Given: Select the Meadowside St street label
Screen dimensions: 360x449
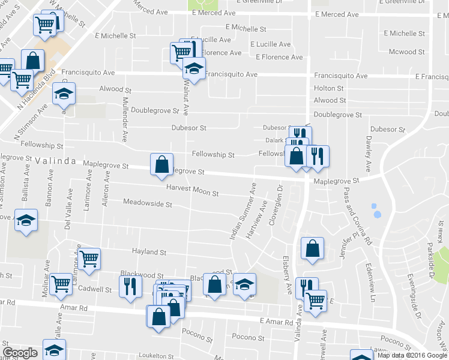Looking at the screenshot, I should pos(148,203).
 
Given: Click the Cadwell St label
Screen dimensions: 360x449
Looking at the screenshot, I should pos(95,289).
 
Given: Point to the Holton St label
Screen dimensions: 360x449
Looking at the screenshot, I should pos(328,88).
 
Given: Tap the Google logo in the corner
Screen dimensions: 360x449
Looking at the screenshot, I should pos(20,353).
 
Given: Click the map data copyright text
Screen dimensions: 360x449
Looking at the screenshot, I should pos(412,355).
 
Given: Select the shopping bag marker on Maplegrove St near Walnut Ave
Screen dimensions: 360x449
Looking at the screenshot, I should pos(161,164).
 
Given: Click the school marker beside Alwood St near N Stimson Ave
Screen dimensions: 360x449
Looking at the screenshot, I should pos(64,94).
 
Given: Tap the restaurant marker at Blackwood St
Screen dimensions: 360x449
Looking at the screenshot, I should pos(130,286).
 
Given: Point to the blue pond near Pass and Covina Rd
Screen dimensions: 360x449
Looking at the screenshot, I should pos(376,211).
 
